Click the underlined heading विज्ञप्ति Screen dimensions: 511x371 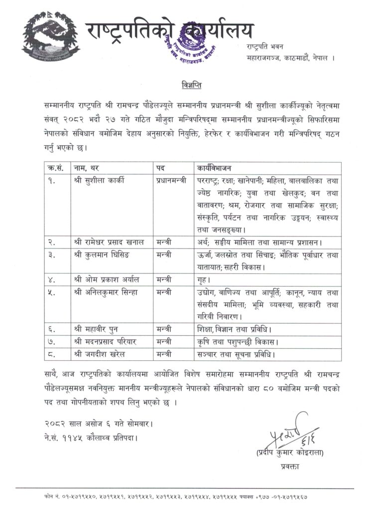[191, 82]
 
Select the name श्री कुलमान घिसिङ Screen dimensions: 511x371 [104, 255]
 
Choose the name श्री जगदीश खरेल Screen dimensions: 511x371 [103, 354]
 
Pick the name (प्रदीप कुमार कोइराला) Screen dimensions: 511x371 [284, 453]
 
